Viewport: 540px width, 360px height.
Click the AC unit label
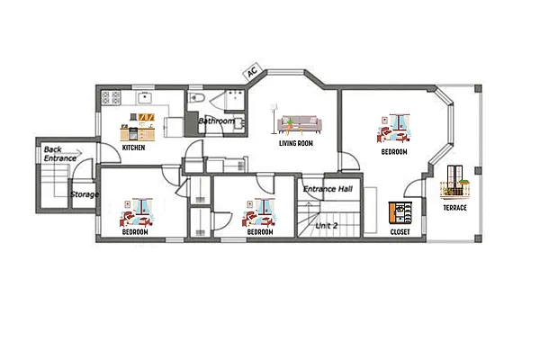tap(252, 71)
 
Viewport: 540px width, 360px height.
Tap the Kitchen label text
tap(133, 148)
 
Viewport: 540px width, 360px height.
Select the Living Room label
tap(296, 143)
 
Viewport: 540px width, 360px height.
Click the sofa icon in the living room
tap(300, 125)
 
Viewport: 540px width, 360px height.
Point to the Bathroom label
tap(216, 121)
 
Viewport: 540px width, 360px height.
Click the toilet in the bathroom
tap(196, 98)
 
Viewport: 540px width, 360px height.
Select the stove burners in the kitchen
tap(111, 97)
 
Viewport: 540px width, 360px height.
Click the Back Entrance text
tap(60, 154)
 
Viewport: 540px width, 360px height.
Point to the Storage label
tap(85, 194)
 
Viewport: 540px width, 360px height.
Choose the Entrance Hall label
tap(328, 189)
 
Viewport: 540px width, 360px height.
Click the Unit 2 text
tap(327, 226)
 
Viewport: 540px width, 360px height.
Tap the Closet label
tap(400, 232)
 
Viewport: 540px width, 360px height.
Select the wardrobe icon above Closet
tap(400, 212)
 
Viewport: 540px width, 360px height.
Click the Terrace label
tap(454, 208)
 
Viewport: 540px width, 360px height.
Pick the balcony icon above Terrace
tap(454, 183)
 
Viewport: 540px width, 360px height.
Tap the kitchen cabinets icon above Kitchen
tap(138, 127)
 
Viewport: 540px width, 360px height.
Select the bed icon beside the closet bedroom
tap(394, 129)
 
